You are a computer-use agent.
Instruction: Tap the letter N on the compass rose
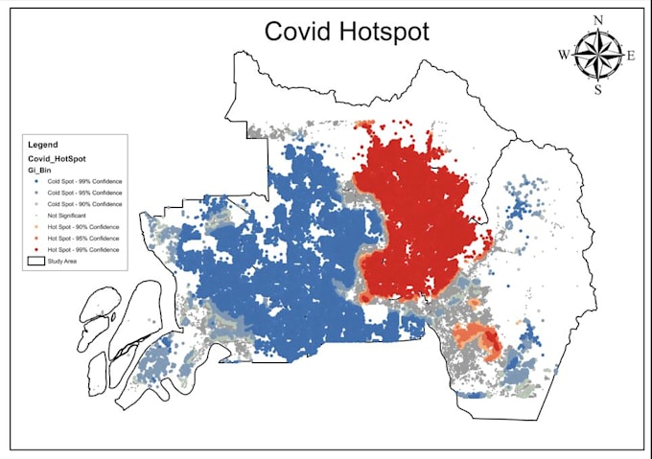click(x=597, y=20)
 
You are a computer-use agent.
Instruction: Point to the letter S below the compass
click(x=597, y=90)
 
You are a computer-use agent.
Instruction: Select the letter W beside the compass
click(x=564, y=56)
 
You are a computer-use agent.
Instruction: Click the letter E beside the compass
click(x=631, y=56)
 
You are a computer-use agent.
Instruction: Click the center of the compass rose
click(x=597, y=56)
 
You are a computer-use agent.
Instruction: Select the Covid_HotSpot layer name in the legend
click(x=57, y=157)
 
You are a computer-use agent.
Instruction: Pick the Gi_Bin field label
click(x=39, y=169)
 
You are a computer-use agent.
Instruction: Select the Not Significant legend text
click(x=69, y=215)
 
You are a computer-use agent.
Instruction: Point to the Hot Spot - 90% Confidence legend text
click(x=83, y=226)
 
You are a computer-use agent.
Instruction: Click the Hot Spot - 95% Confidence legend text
click(x=83, y=237)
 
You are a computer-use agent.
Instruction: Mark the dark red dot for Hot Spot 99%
click(x=35, y=248)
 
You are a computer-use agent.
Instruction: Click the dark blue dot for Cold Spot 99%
click(x=35, y=179)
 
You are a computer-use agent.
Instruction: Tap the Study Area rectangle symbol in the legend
click(x=35, y=260)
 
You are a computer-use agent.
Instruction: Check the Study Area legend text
click(x=63, y=260)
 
